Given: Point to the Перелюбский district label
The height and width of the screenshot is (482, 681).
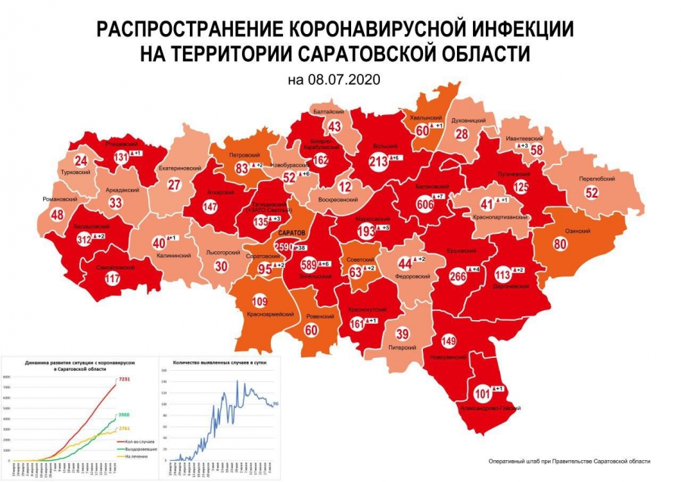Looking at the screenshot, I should [595, 179].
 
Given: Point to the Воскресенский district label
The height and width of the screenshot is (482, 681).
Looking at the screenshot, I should [337, 201].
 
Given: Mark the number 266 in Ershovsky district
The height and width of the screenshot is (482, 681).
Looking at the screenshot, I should [457, 276].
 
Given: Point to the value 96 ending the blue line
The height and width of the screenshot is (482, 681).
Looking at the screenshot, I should [278, 404].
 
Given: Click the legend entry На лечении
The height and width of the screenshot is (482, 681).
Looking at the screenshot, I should [137, 456].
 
